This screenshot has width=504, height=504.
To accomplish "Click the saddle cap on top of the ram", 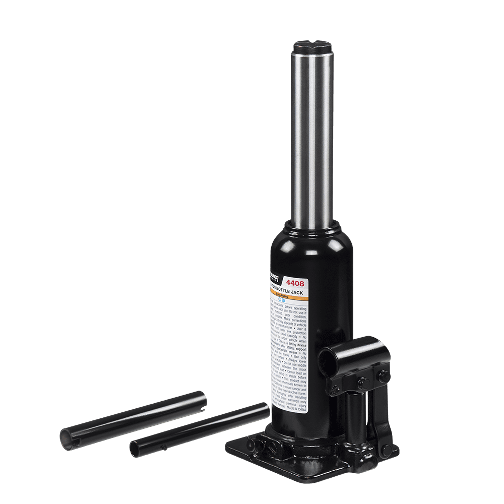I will click(311, 49).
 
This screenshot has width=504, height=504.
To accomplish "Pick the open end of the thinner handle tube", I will click(135, 448).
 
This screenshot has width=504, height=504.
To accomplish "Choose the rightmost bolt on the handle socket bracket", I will click(384, 375).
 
